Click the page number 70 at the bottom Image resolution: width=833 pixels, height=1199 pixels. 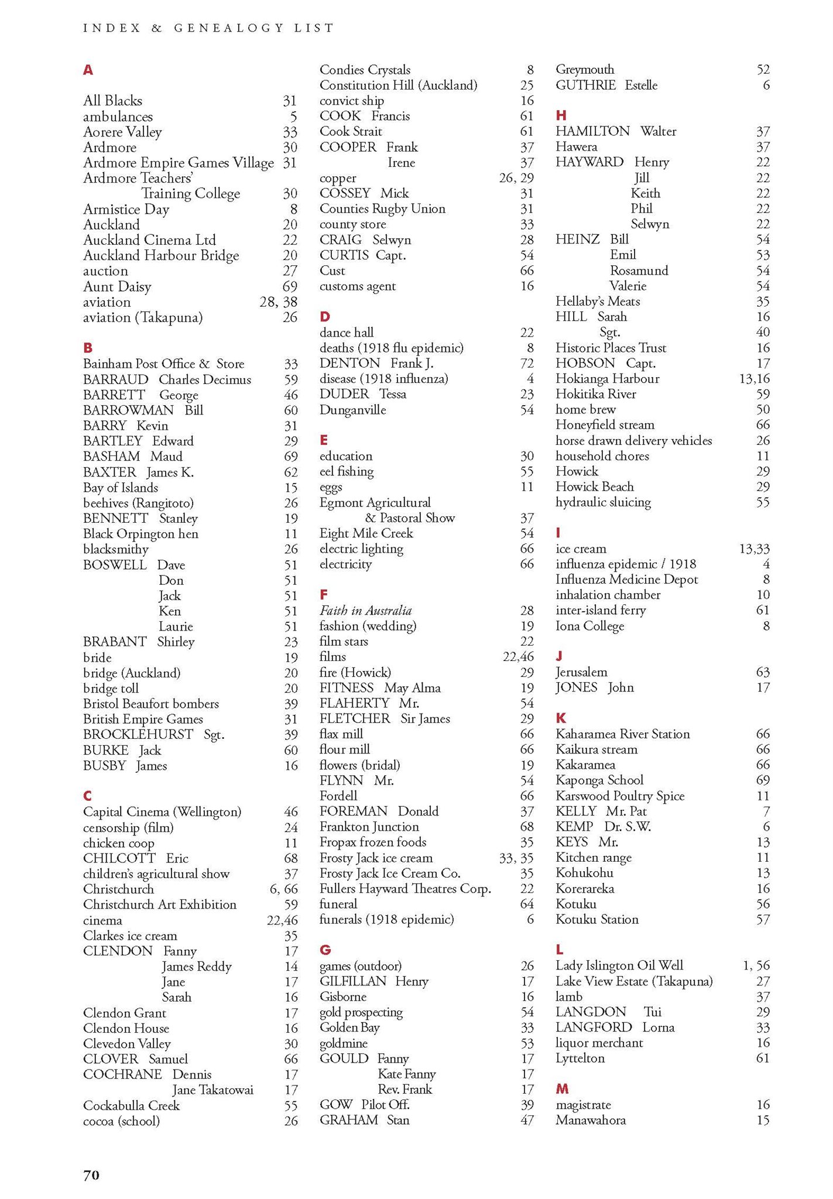pyautogui.click(x=91, y=1175)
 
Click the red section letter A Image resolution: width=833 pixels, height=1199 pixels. pyautogui.click(x=88, y=70)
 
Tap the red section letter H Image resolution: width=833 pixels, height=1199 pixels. pyautogui.click(x=561, y=115)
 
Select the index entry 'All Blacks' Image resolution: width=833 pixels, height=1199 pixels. pyautogui.click(x=112, y=101)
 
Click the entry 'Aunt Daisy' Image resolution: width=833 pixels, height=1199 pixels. pyautogui.click(x=117, y=286)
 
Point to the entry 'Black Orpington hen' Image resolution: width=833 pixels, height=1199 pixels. pyautogui.click(x=140, y=533)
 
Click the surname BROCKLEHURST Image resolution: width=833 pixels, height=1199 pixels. pyautogui.click(x=138, y=734)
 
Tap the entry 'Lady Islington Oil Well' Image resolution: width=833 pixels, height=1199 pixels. pyautogui.click(x=619, y=965)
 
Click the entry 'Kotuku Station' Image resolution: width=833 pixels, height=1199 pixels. pyautogui.click(x=597, y=919)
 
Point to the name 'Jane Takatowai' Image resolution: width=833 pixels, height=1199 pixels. pyautogui.click(x=212, y=1090)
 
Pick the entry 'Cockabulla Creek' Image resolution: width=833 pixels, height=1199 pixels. pyautogui.click(x=131, y=1105)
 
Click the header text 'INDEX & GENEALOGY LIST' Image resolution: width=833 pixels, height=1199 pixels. pyautogui.click(x=208, y=28)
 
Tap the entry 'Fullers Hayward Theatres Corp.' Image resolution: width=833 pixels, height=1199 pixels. pyautogui.click(x=405, y=889)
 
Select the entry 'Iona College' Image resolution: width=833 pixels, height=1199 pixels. pyautogui.click(x=589, y=626)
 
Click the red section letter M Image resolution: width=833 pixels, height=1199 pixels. pyautogui.click(x=562, y=1089)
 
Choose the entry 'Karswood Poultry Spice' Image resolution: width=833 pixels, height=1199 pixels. pyautogui.click(x=620, y=796)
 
